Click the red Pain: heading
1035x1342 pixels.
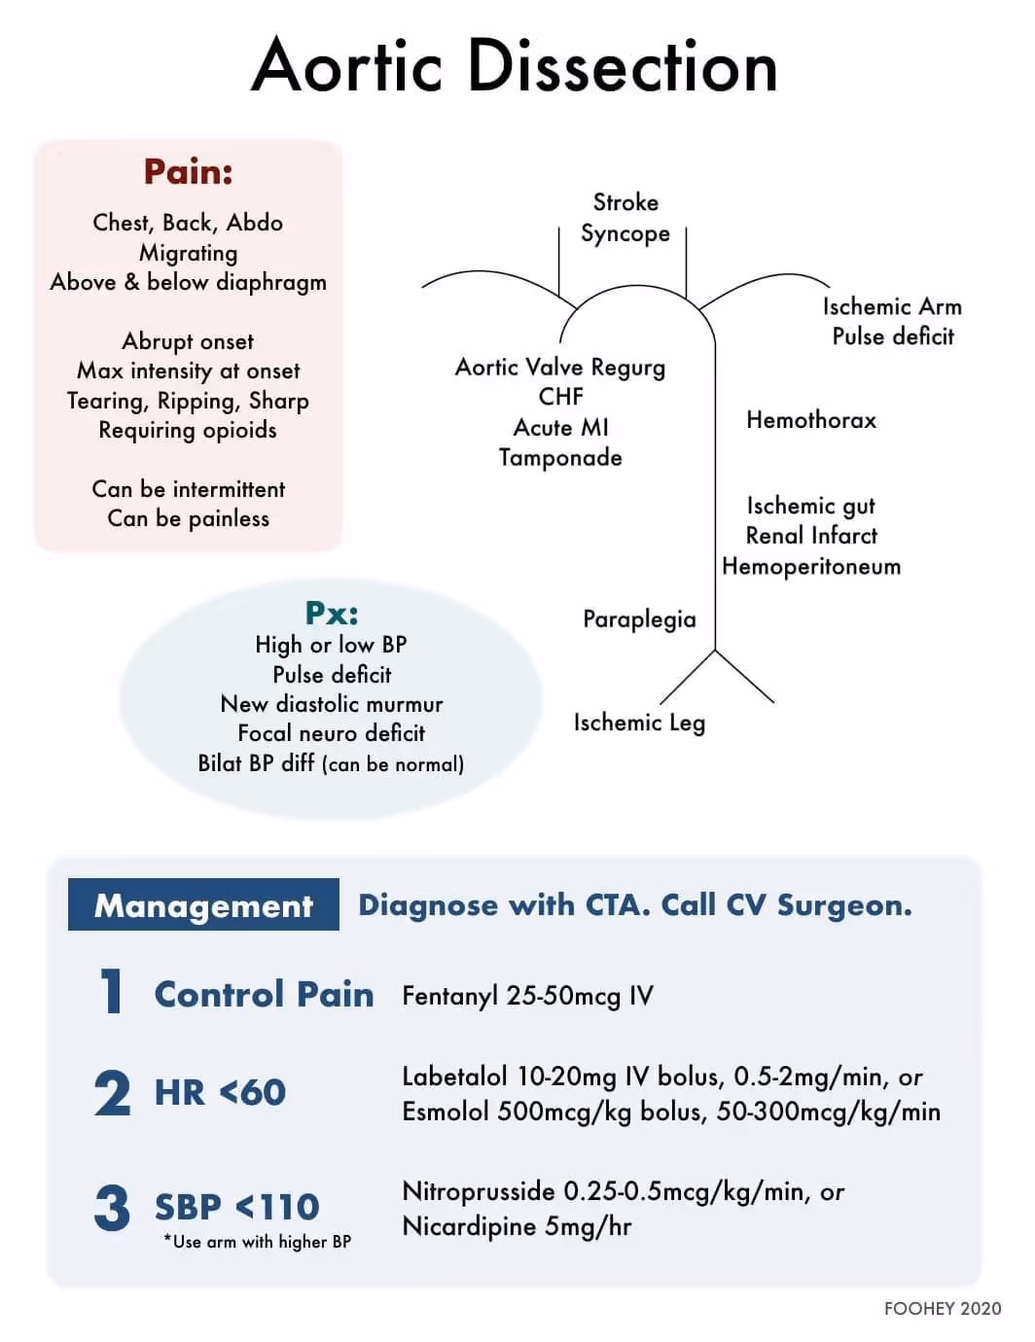(x=188, y=172)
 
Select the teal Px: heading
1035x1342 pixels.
(x=331, y=613)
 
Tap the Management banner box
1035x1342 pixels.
(x=203, y=905)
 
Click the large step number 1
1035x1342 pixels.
(x=112, y=993)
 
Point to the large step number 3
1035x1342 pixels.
(x=112, y=1208)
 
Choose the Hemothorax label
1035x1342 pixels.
(x=810, y=420)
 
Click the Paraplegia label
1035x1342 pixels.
(x=639, y=619)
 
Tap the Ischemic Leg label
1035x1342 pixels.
(x=639, y=723)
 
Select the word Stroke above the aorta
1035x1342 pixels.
(x=625, y=202)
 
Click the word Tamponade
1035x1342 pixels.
(x=560, y=457)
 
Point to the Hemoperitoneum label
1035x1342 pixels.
(x=810, y=566)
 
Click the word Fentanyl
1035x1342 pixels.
(x=448, y=996)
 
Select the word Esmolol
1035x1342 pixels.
(x=446, y=1112)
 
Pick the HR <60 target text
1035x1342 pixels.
(x=220, y=1092)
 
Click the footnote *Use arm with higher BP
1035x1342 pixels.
(x=258, y=1242)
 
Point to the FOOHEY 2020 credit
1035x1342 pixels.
(x=942, y=1309)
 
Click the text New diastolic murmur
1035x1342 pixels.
(x=331, y=704)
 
